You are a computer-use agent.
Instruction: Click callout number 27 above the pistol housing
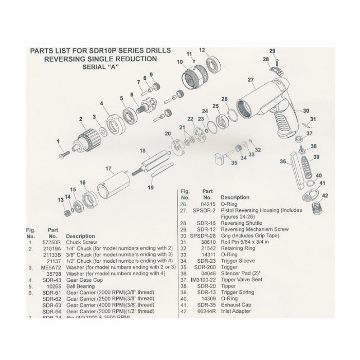pos(250,80)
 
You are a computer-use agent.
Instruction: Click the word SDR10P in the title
pos(104,51)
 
